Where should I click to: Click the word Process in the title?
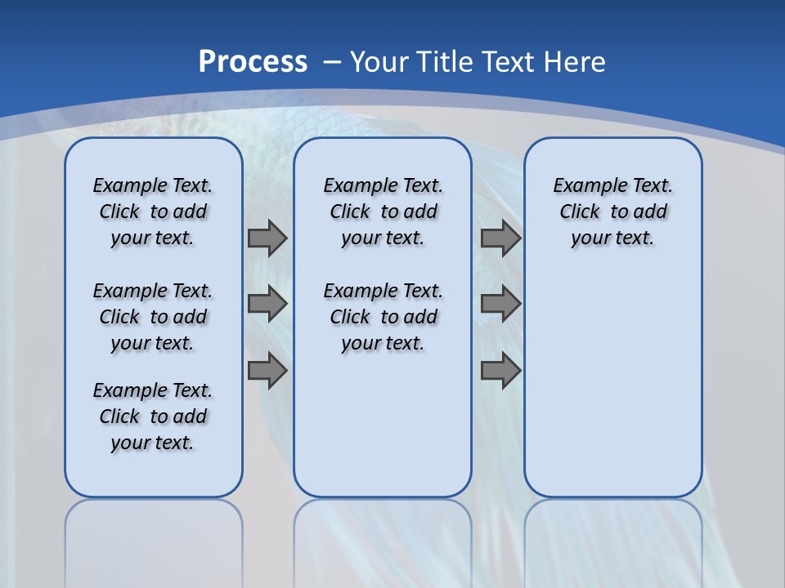tap(253, 62)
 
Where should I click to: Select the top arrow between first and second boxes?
tap(267, 238)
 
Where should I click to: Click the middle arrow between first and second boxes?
tap(267, 304)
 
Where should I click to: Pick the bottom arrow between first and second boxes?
tap(267, 371)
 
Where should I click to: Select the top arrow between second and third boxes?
tap(501, 238)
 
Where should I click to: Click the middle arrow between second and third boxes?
tap(501, 304)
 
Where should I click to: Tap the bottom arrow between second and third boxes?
tap(501, 371)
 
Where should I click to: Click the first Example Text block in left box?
tap(153, 212)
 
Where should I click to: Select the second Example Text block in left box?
tap(153, 317)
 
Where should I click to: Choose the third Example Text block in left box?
tap(153, 416)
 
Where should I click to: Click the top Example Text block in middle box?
tap(383, 212)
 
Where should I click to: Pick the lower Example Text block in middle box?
tap(383, 317)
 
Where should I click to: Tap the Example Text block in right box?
tap(612, 212)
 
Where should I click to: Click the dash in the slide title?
tap(332, 62)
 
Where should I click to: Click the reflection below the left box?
tap(154, 539)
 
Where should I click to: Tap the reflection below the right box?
tap(612, 539)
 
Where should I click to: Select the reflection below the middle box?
tap(383, 539)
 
